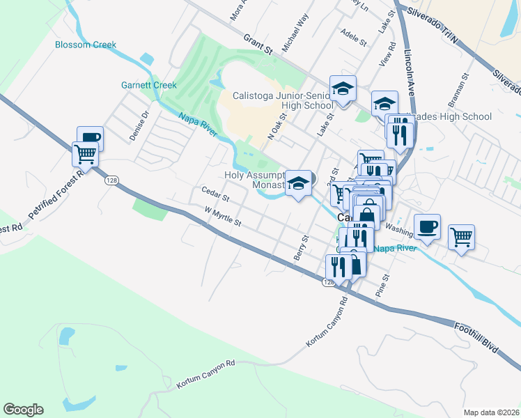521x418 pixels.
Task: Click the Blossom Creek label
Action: click(x=86, y=45)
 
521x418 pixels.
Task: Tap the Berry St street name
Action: click(x=301, y=248)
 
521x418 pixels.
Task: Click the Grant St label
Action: click(x=257, y=44)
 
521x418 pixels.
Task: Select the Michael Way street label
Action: click(x=295, y=33)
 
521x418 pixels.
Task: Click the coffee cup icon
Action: click(x=428, y=226)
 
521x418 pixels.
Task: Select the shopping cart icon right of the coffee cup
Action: click(x=461, y=238)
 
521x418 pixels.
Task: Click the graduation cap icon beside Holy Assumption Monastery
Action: click(x=299, y=183)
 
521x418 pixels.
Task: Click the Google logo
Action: click(x=23, y=410)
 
